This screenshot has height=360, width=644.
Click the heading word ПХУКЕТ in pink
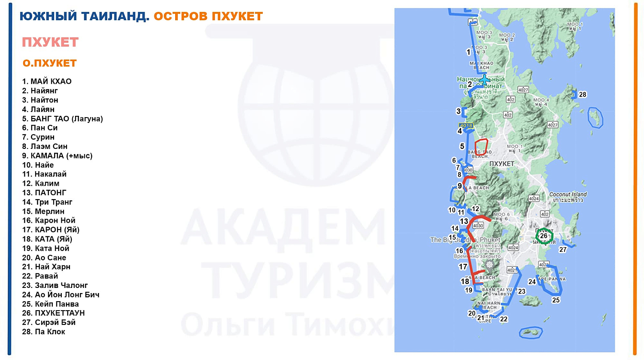pyautogui.click(x=50, y=42)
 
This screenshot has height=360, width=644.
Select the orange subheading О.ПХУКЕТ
pyautogui.click(x=49, y=63)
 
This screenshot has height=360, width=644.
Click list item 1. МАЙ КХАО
pyautogui.click(x=47, y=82)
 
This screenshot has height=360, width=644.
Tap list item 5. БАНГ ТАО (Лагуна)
pyautogui.click(x=62, y=118)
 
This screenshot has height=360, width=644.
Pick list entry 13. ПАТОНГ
pyautogui.click(x=44, y=193)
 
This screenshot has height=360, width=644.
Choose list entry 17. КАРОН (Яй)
pyautogui.click(x=51, y=230)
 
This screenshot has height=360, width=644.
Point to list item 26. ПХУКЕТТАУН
pyautogui.click(x=53, y=313)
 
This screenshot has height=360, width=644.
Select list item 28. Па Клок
pyautogui.click(x=43, y=332)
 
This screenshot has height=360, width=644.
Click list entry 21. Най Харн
pyautogui.click(x=46, y=267)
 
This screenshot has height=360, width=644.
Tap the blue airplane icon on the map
pyautogui.click(x=484, y=80)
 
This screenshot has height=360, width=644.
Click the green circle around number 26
pyautogui.click(x=544, y=236)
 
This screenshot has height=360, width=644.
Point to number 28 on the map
pyautogui.click(x=582, y=94)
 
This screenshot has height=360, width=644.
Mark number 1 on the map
pyautogui.click(x=468, y=52)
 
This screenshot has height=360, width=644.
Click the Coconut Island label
pyautogui.click(x=568, y=194)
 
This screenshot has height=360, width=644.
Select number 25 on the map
pyautogui.click(x=556, y=300)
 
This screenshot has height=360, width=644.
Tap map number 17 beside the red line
pyautogui.click(x=462, y=267)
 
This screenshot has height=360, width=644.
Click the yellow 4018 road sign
pyautogui.click(x=466, y=126)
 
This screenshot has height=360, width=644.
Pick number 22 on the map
pyautogui.click(x=504, y=319)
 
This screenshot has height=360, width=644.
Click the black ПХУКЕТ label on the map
pyautogui.click(x=501, y=163)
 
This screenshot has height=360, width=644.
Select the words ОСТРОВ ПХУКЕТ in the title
pyautogui.click(x=208, y=16)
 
